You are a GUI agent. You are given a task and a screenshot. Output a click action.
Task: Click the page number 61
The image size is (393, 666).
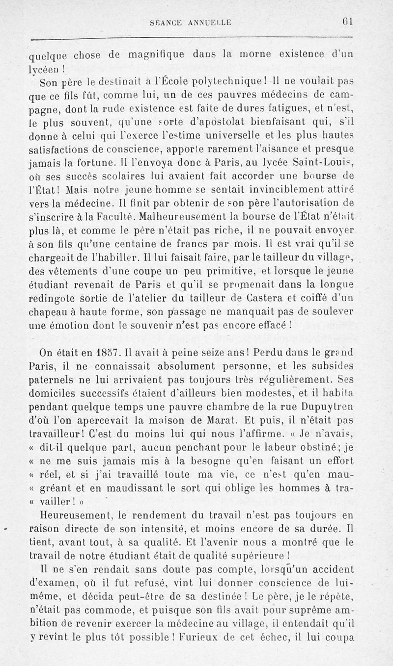click(349, 22)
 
